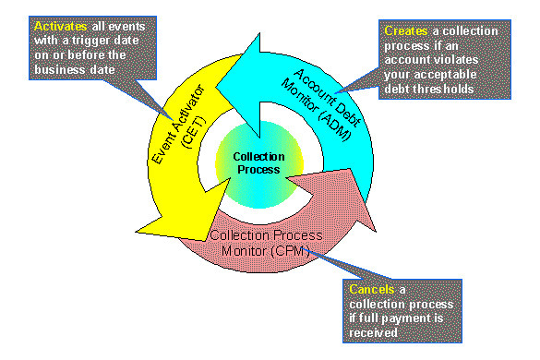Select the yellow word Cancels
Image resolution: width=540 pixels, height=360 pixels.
pos(371,289)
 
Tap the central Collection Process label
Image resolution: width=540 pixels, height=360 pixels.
pos(258,163)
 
